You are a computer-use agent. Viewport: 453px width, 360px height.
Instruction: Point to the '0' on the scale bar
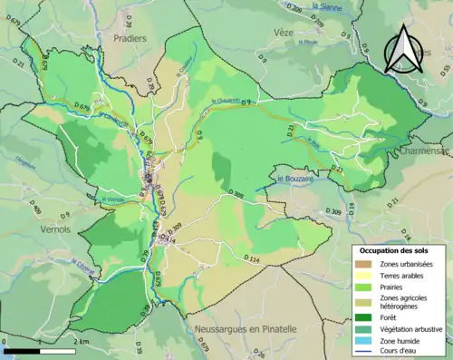pos(5,342)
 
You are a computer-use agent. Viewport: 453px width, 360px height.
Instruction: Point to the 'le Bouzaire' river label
pos(295,179)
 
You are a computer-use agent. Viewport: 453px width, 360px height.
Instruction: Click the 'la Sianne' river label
pos(324,5)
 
